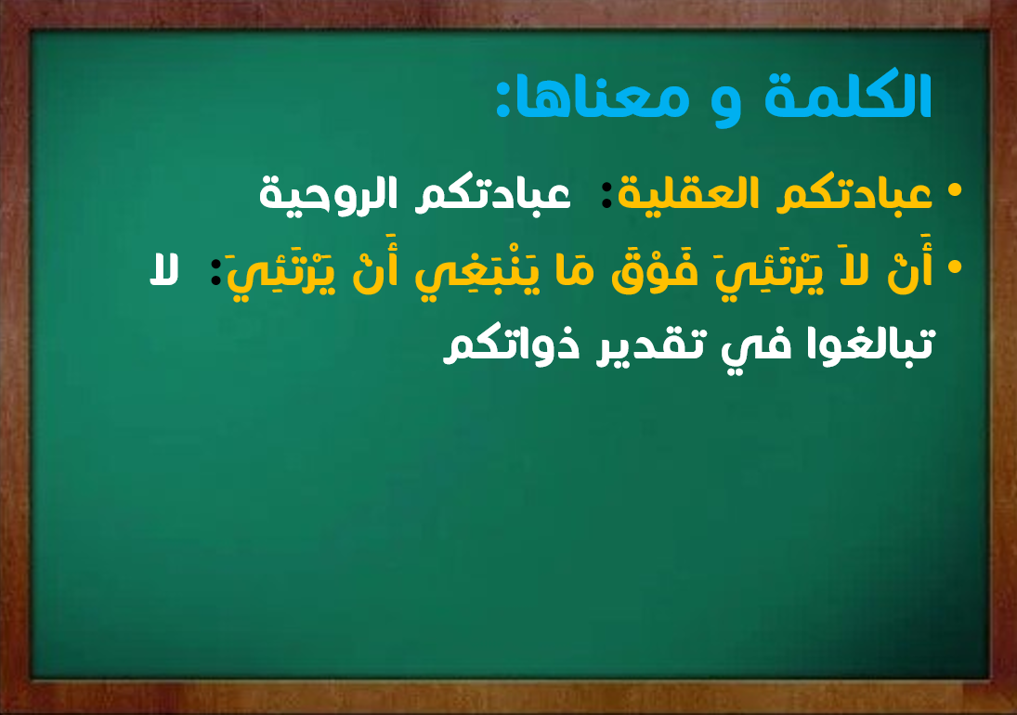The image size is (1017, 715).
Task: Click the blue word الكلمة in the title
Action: [x=849, y=97]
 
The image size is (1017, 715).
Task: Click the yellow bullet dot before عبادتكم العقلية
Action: [x=954, y=190]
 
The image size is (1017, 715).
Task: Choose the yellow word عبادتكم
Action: [x=854, y=193]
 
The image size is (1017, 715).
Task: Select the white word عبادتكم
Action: [x=493, y=193]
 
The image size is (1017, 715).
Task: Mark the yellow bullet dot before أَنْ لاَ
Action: [x=954, y=266]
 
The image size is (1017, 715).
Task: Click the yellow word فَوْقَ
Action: [x=656, y=270]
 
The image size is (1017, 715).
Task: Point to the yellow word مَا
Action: [x=576, y=270]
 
